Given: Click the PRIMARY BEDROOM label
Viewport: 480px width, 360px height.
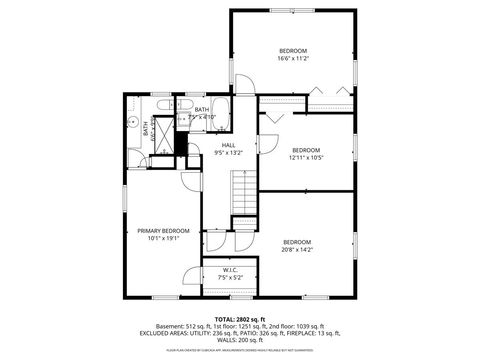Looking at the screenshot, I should pyautogui.click(x=162, y=231).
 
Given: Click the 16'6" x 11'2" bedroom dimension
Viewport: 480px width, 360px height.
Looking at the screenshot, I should pyautogui.click(x=293, y=59).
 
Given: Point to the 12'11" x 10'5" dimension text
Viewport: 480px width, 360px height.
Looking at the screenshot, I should pyautogui.click(x=305, y=157).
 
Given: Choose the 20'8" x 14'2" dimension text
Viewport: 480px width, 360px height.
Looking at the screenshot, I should pyautogui.click(x=298, y=250).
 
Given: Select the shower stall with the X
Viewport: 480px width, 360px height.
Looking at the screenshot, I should pyautogui.click(x=166, y=133).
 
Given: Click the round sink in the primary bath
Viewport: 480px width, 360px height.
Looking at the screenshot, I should pyautogui.click(x=132, y=120).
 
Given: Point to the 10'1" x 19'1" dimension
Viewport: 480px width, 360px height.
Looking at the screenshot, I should pyautogui.click(x=162, y=239).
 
